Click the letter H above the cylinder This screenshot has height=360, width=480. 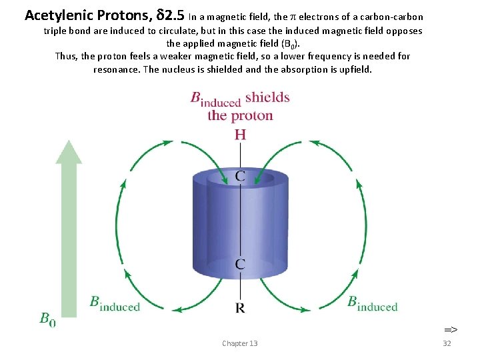coord(240,135)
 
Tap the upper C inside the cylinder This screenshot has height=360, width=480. coord(240,177)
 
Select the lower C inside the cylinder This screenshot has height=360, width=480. coord(240,264)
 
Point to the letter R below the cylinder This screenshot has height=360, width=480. coord(240,308)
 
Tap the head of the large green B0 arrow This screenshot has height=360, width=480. coord(69,152)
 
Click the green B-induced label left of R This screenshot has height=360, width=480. coord(115,303)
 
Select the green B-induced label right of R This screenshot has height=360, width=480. coord(372,303)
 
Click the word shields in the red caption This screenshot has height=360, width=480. coord(267,97)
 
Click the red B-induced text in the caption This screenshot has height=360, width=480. coord(215,99)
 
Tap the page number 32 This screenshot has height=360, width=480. coord(447,343)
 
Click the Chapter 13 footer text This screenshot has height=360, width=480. coord(240,343)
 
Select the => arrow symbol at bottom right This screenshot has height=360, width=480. coord(451,329)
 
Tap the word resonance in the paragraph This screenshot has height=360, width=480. coord(116,69)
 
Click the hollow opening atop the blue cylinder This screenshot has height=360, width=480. coord(240,177)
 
